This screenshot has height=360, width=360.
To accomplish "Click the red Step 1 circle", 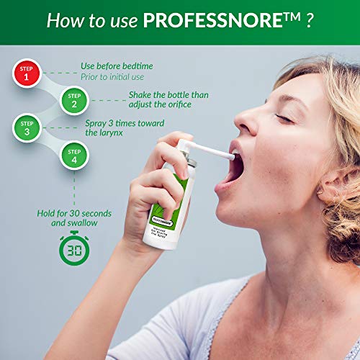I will coord(27,73).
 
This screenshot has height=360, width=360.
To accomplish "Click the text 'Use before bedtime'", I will coord(117,66).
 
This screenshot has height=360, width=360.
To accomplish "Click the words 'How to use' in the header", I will coord(93,19).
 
